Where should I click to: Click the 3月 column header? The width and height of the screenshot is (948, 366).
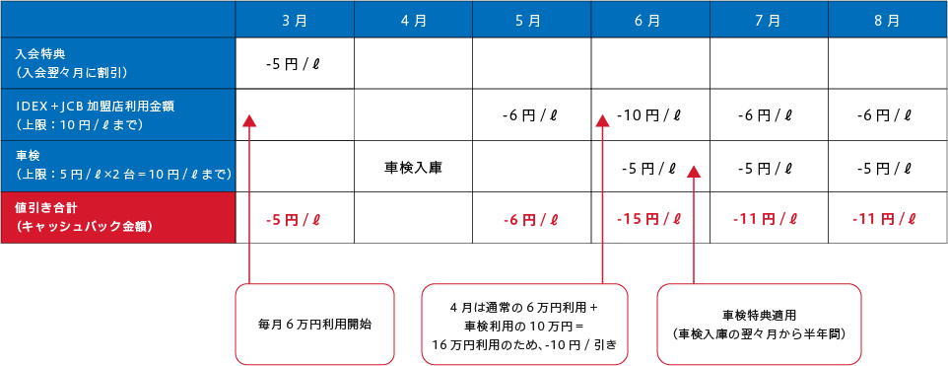[x=295, y=19]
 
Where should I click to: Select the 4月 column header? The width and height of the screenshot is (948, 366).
[x=413, y=19]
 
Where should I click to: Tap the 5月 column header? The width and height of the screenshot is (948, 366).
[x=531, y=19]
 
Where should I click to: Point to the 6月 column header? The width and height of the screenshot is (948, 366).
[x=649, y=19]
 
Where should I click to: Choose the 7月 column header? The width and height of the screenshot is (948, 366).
[x=769, y=19]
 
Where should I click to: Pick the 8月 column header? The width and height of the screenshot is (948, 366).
[x=887, y=19]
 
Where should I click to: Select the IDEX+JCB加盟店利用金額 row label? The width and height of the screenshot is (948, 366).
[x=118, y=114]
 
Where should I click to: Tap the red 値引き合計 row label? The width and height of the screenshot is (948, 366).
[x=118, y=216]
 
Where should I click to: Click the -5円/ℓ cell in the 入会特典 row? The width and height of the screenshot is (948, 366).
[x=295, y=64]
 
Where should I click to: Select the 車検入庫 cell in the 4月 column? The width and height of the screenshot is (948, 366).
[x=413, y=167]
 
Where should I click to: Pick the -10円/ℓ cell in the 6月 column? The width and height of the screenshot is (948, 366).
[x=649, y=115]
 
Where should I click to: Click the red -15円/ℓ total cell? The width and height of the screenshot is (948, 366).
[x=649, y=218]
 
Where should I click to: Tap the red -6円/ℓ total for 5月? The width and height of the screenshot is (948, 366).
[x=531, y=218]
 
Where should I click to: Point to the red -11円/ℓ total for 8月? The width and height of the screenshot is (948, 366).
[x=887, y=218]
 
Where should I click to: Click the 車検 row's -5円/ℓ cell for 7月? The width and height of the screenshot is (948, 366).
[x=769, y=167]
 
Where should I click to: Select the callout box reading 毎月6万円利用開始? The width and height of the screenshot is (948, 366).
[x=314, y=324]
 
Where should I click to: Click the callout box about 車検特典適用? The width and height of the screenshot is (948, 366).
[x=759, y=324]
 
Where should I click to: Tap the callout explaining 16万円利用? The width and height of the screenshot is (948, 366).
[x=524, y=324]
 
